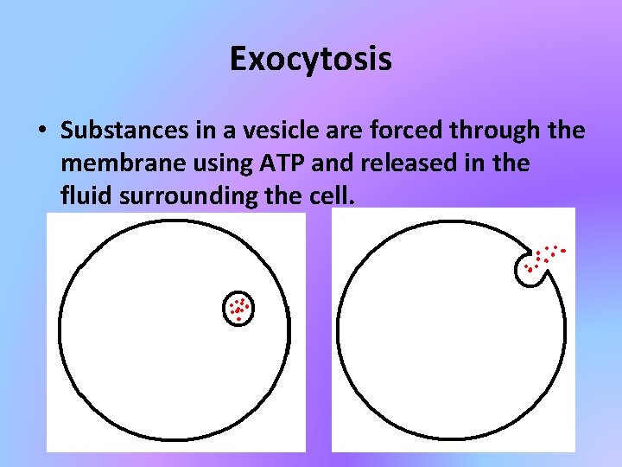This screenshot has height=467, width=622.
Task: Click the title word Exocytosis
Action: [311, 59]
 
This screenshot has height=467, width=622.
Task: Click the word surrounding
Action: [182, 195]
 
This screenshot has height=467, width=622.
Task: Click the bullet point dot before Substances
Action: [41, 132]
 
